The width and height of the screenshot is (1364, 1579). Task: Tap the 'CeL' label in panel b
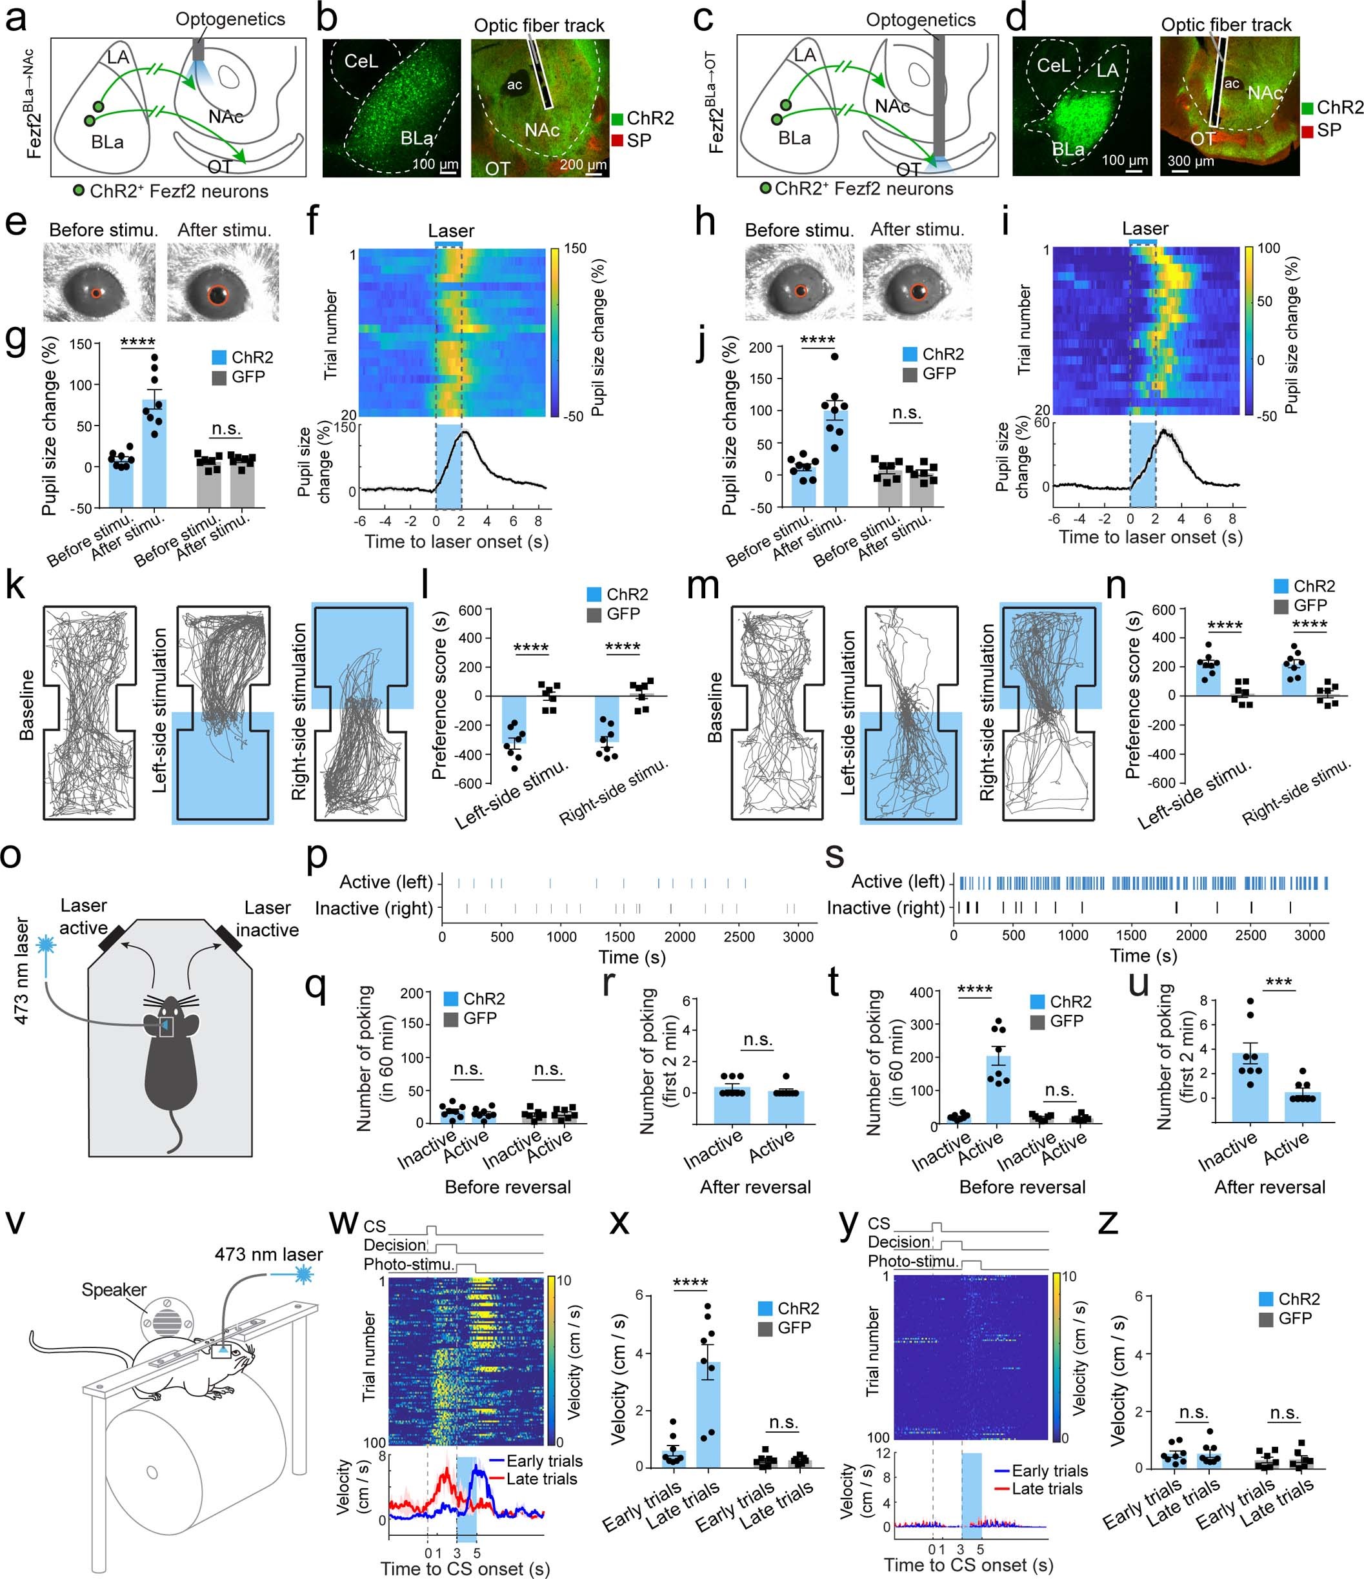pos(361,61)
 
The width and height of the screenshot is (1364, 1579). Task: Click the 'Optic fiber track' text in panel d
pos(1226,25)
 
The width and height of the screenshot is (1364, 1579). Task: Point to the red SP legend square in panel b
pos(617,139)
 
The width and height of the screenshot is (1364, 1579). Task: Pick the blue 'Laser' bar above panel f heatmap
pos(448,244)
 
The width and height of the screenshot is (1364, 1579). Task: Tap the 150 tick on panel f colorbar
pos(575,248)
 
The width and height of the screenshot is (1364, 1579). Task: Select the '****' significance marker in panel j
pos(817,340)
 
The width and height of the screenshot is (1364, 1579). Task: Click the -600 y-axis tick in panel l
pos(469,783)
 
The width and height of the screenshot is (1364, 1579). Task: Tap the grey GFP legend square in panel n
pos(1281,606)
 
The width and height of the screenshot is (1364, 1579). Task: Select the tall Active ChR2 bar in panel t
pos(998,1089)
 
